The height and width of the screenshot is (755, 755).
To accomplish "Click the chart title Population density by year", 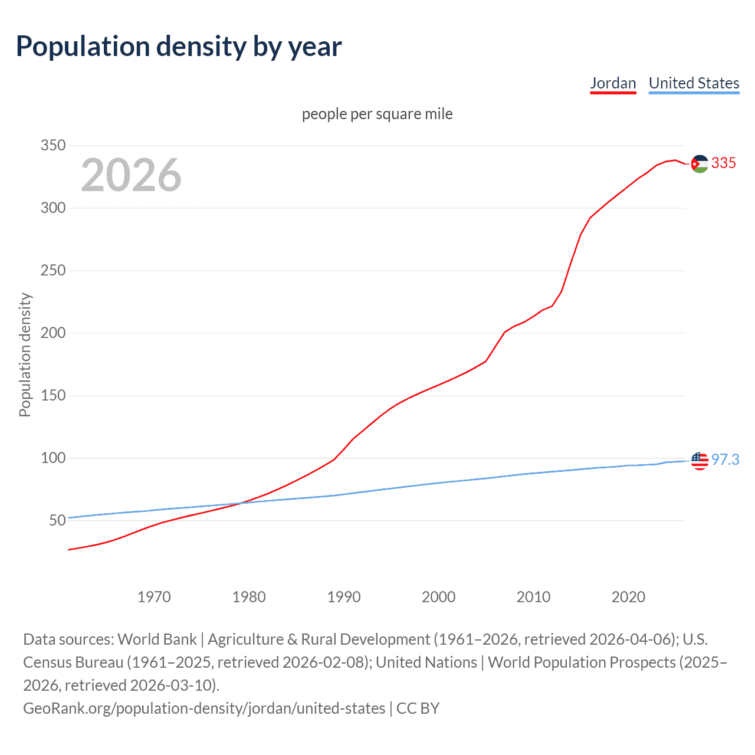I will tap(179, 47).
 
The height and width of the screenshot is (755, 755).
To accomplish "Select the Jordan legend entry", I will tap(613, 84).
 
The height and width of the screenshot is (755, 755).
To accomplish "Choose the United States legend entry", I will tap(694, 84).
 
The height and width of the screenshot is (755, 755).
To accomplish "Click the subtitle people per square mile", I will tap(377, 114).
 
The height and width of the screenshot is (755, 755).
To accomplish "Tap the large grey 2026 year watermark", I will tap(131, 175).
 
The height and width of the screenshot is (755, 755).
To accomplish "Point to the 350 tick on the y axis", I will tap(53, 145).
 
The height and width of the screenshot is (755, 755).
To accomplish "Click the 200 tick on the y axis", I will tap(53, 333).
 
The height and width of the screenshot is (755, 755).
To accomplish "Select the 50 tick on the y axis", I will tap(57, 520).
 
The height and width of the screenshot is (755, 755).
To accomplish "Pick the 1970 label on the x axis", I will tap(154, 597).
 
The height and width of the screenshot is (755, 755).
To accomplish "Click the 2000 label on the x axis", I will tap(438, 597).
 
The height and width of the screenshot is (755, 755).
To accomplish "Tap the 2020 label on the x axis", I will tap(628, 597).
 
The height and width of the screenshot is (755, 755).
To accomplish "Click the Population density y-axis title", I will tap(25, 355).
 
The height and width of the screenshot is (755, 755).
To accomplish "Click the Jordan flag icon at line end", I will tap(700, 163).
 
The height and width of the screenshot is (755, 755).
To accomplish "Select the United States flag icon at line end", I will tap(700, 461).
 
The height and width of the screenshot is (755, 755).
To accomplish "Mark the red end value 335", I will tap(724, 163).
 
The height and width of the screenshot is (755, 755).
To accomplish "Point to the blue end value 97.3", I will tap(725, 460).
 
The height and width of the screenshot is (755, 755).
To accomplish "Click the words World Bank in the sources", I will tap(157, 639).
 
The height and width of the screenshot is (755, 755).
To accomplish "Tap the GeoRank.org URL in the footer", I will tap(204, 708).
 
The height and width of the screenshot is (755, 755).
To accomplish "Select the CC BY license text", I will tap(418, 708).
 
